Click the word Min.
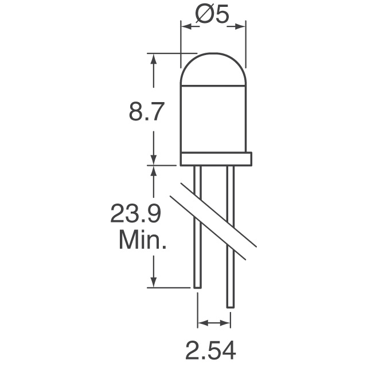pos(142,240)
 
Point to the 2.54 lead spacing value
pos(213,348)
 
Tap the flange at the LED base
pos(216,159)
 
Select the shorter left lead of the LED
pos(197,229)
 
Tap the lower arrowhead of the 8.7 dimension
pos(153,160)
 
